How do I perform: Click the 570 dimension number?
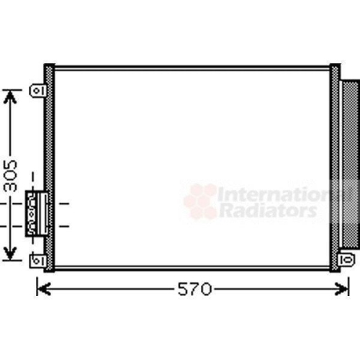click(x=194, y=289)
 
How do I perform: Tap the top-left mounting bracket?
click(x=38, y=91)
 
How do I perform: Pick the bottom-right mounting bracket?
click(x=347, y=258)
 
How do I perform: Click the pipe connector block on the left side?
click(x=35, y=213)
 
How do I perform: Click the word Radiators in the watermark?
click(x=267, y=211)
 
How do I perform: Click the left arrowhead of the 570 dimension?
click(x=41, y=289)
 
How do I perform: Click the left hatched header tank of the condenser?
click(x=49, y=167)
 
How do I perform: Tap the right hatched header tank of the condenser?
click(x=335, y=167)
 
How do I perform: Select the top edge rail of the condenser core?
click(x=192, y=68)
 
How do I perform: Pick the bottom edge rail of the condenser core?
click(x=192, y=268)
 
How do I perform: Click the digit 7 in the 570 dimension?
click(x=194, y=289)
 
